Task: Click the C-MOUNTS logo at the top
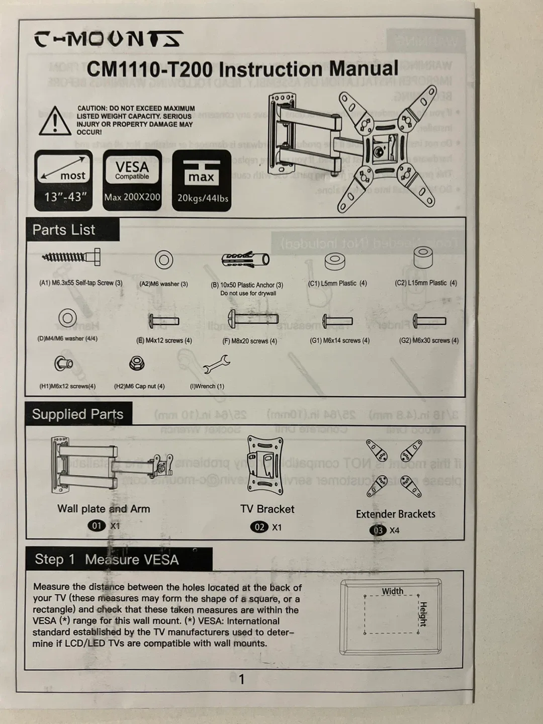tap(108, 39)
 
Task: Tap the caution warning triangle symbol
tap(55, 121)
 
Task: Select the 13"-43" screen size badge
tap(64, 180)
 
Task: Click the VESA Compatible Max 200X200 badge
tap(132, 180)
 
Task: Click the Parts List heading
tap(64, 230)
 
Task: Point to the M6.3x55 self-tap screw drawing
tap(71, 258)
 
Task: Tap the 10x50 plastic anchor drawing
tap(245, 259)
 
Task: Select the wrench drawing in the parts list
tap(216, 364)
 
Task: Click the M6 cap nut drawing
tap(137, 363)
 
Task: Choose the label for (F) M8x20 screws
tap(249, 341)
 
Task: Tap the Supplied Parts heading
tap(77, 414)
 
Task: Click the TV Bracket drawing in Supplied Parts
tap(265, 463)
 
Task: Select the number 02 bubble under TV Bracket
tap(259, 527)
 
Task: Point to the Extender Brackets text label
tap(395, 514)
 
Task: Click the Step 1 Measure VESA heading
tap(107, 560)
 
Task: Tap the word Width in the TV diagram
tap(392, 591)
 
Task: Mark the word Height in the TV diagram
tap(423, 614)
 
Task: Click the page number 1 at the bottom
tap(241, 679)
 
